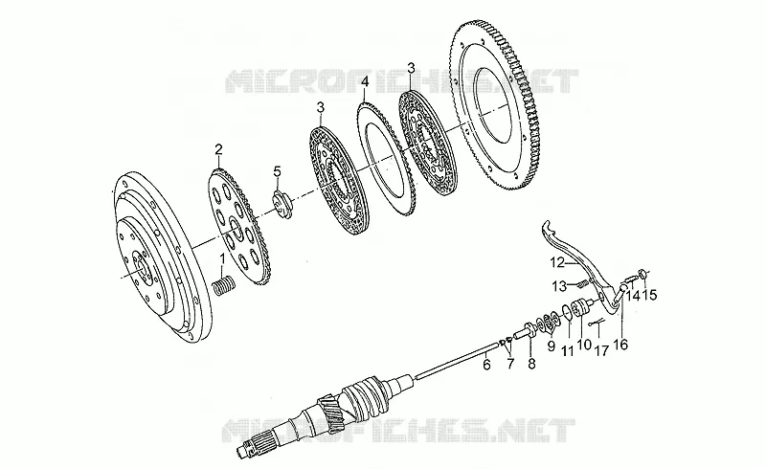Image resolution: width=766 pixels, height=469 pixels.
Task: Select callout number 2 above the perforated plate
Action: point(218,149)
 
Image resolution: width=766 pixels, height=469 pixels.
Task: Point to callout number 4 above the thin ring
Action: point(364,81)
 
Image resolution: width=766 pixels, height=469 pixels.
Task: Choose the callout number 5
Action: point(278,171)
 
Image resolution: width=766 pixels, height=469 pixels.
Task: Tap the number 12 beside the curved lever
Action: point(557,263)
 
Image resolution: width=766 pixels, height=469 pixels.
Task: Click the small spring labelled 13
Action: point(581,283)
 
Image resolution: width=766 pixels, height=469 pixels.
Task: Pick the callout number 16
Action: point(620,345)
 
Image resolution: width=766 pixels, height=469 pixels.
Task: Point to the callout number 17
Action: point(601,350)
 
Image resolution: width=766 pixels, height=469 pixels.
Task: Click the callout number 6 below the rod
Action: point(486,364)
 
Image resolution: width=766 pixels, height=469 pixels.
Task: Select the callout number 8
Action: point(531,363)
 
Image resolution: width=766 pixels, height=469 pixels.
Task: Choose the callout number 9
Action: point(552,346)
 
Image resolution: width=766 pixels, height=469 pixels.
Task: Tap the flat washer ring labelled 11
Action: point(566,313)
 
